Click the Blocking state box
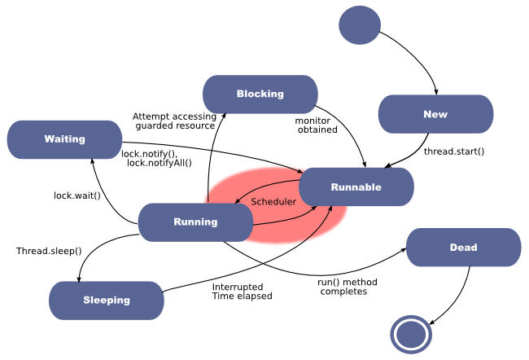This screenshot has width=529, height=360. click(260, 94)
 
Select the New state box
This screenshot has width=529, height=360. click(435, 114)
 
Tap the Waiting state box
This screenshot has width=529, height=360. click(64, 139)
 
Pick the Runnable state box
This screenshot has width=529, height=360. click(356, 187)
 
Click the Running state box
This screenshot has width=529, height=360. click(195, 222)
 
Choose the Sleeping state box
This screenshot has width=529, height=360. click(106, 300)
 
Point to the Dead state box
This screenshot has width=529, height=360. click(463, 248)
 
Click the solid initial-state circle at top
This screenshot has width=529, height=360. click(359, 24)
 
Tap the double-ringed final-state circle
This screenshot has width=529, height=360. click(410, 334)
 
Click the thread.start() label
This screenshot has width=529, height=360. click(453, 151)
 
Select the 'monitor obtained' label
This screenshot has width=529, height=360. click(317, 125)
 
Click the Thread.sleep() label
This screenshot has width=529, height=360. click(49, 251)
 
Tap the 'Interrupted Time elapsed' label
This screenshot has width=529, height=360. click(242, 292)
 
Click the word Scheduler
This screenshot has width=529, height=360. click(273, 201)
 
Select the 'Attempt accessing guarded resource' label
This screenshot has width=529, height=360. click(174, 121)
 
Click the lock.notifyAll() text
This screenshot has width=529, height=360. click(160, 163)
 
